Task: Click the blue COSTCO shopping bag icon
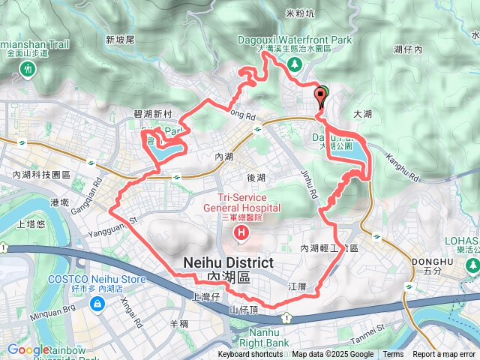point(97,304)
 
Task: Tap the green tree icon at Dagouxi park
point(295,64)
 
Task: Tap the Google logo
point(28,349)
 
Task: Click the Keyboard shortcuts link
point(250,355)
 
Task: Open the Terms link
point(393,355)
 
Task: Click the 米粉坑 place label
point(301,13)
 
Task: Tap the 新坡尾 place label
point(120,40)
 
